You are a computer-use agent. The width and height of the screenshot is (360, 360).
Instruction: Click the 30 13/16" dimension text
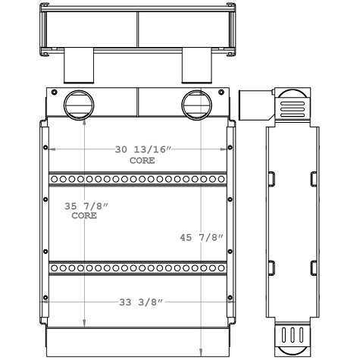pos(144,150)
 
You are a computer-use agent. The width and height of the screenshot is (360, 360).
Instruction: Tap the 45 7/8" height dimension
pos(200,237)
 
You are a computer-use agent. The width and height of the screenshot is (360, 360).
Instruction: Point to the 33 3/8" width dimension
pos(141,302)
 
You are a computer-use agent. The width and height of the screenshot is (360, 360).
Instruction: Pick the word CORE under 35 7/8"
pos(84,215)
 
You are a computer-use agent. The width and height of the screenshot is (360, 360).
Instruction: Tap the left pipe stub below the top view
pos(77,67)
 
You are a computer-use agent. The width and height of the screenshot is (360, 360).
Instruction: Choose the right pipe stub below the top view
pos(198,67)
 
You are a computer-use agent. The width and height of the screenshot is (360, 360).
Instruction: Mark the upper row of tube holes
pos(137,179)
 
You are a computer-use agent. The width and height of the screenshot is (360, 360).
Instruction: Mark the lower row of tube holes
pos(137,268)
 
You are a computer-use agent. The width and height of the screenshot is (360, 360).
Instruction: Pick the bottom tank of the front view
pos(137,343)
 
